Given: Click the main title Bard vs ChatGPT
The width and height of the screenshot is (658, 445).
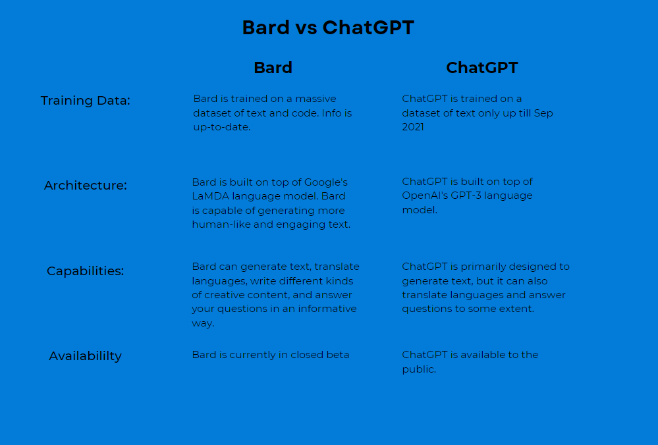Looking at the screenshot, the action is pyautogui.click(x=328, y=28).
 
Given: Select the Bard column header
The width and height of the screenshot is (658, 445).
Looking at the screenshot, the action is pyautogui.click(x=273, y=68).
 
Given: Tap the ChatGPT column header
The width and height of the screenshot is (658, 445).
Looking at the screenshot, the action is pyautogui.click(x=481, y=68).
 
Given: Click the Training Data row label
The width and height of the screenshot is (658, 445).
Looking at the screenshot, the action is pyautogui.click(x=86, y=101).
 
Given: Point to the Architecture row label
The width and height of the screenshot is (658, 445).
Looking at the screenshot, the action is pyautogui.click(x=86, y=185).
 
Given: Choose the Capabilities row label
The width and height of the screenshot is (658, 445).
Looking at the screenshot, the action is pyautogui.click(x=86, y=271).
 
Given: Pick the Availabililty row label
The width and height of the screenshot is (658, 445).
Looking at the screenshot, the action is pyautogui.click(x=86, y=355).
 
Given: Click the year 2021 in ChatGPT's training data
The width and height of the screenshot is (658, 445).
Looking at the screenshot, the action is pyautogui.click(x=413, y=127).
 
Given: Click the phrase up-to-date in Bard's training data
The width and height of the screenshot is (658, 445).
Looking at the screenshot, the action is pyautogui.click(x=222, y=127).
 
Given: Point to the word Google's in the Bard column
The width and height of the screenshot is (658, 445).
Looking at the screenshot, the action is pyautogui.click(x=326, y=182).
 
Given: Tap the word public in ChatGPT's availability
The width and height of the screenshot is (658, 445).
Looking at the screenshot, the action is pyautogui.click(x=419, y=369).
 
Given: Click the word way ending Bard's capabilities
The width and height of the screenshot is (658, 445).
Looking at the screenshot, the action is pyautogui.click(x=203, y=323).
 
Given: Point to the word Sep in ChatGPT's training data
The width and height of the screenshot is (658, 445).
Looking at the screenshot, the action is pyautogui.click(x=543, y=114).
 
